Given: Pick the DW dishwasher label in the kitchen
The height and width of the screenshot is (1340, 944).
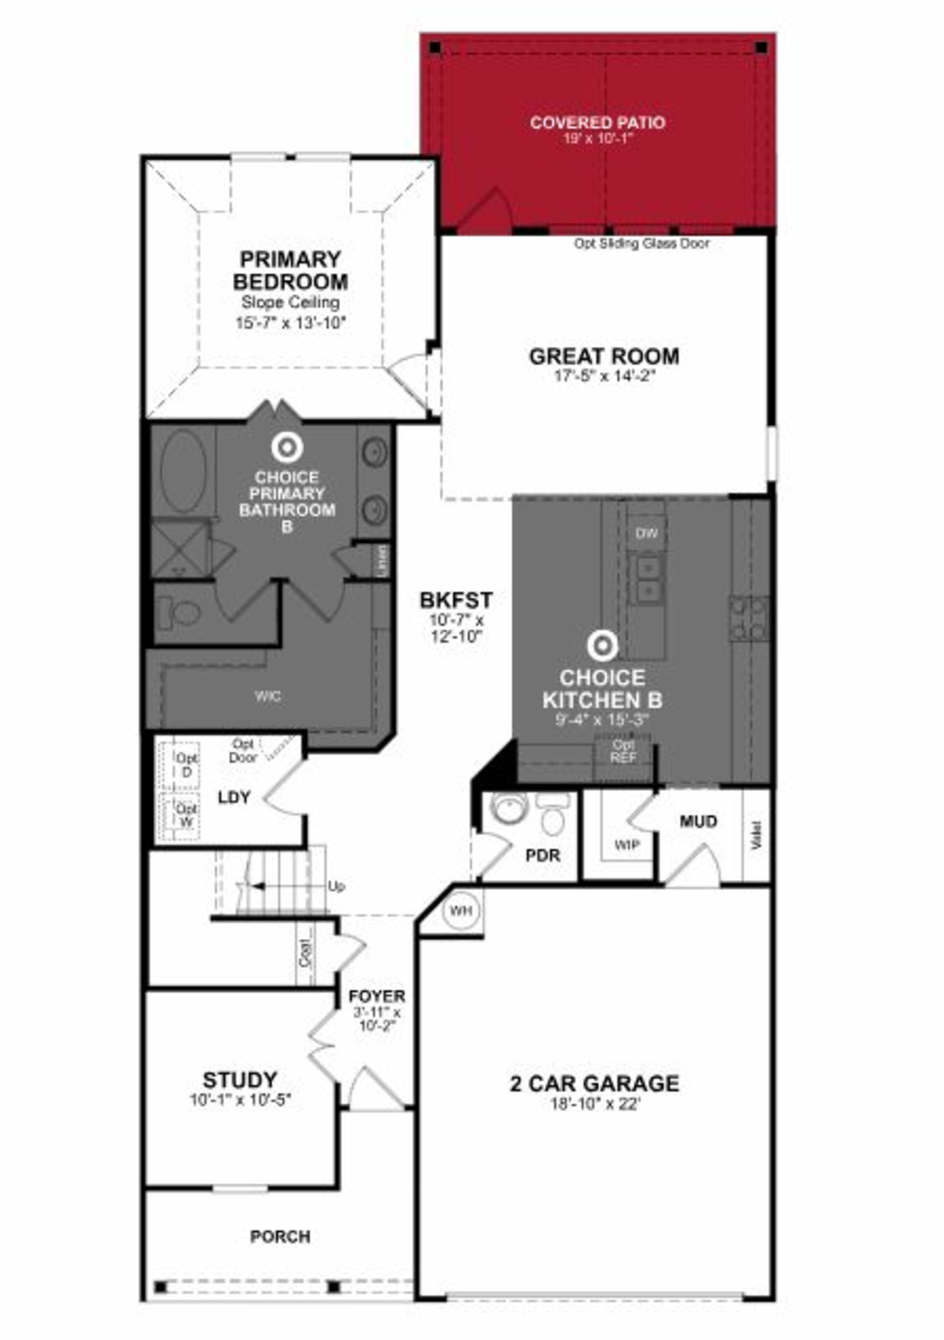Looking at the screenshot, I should pyautogui.click(x=646, y=533).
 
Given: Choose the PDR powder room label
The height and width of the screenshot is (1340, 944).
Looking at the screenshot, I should pyautogui.click(x=543, y=855).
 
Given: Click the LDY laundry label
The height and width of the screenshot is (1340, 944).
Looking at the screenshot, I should pyautogui.click(x=234, y=797).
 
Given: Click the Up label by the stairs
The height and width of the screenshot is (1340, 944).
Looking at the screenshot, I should pyautogui.click(x=336, y=886).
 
